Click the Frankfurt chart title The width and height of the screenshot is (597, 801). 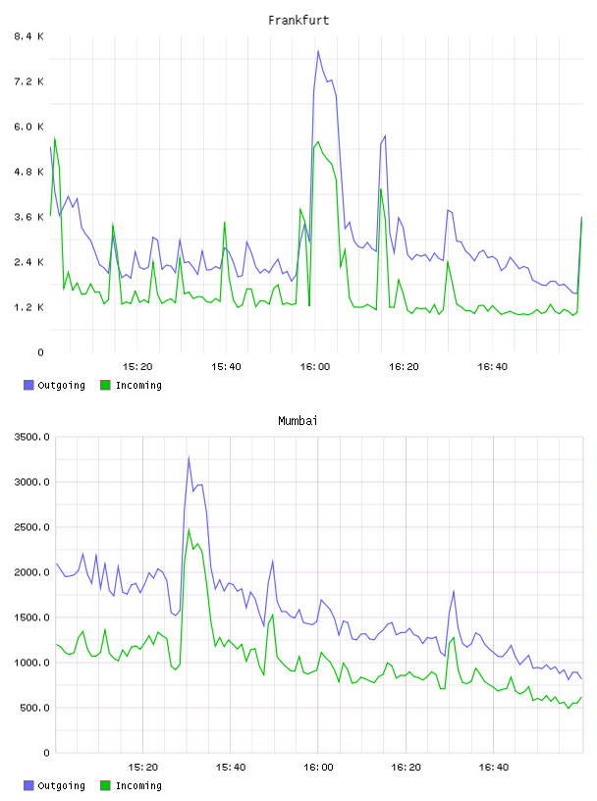pos(298,21)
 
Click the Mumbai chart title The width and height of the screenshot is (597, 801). pos(298,421)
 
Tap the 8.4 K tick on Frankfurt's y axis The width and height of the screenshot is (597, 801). pos(29,36)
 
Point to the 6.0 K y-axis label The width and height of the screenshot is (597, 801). pos(29,127)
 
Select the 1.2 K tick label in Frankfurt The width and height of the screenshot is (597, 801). pos(29,307)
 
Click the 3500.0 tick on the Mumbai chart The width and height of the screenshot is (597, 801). pos(31,437)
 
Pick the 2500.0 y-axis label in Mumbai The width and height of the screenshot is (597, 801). pos(31,527)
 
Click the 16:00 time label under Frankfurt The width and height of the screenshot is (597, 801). pos(315,367)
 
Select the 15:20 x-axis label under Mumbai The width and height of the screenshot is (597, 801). pos(143,768)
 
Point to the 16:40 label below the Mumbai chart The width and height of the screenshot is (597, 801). pos(494,768)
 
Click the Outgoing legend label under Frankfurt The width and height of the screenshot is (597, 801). pos(61,385)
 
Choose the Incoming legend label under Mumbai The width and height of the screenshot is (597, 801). pos(138,785)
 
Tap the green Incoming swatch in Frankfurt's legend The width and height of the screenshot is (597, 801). pos(105,385)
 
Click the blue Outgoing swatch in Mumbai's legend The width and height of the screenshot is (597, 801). pos(28,785)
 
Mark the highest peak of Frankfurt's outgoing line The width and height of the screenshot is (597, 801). pos(318,51)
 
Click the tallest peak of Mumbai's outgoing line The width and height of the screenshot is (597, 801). pos(189,457)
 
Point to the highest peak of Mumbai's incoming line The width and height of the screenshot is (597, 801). pos(189,530)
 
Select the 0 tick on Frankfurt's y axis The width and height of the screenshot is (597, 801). pos(40,352)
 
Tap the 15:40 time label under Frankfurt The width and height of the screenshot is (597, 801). pos(226,367)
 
